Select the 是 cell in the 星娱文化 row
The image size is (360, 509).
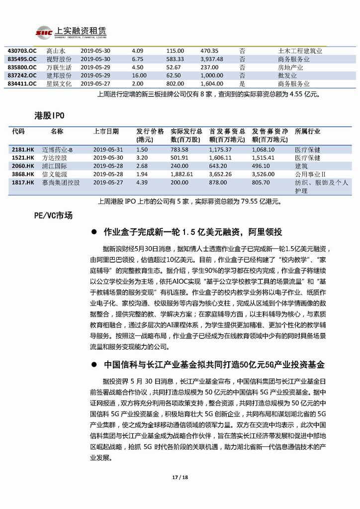click(x=242, y=84)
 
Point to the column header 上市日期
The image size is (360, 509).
click(x=105, y=132)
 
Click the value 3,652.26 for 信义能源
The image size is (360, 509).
click(x=221, y=174)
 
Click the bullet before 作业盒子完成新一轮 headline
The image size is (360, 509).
click(x=94, y=232)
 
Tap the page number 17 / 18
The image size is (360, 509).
click(x=180, y=478)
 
